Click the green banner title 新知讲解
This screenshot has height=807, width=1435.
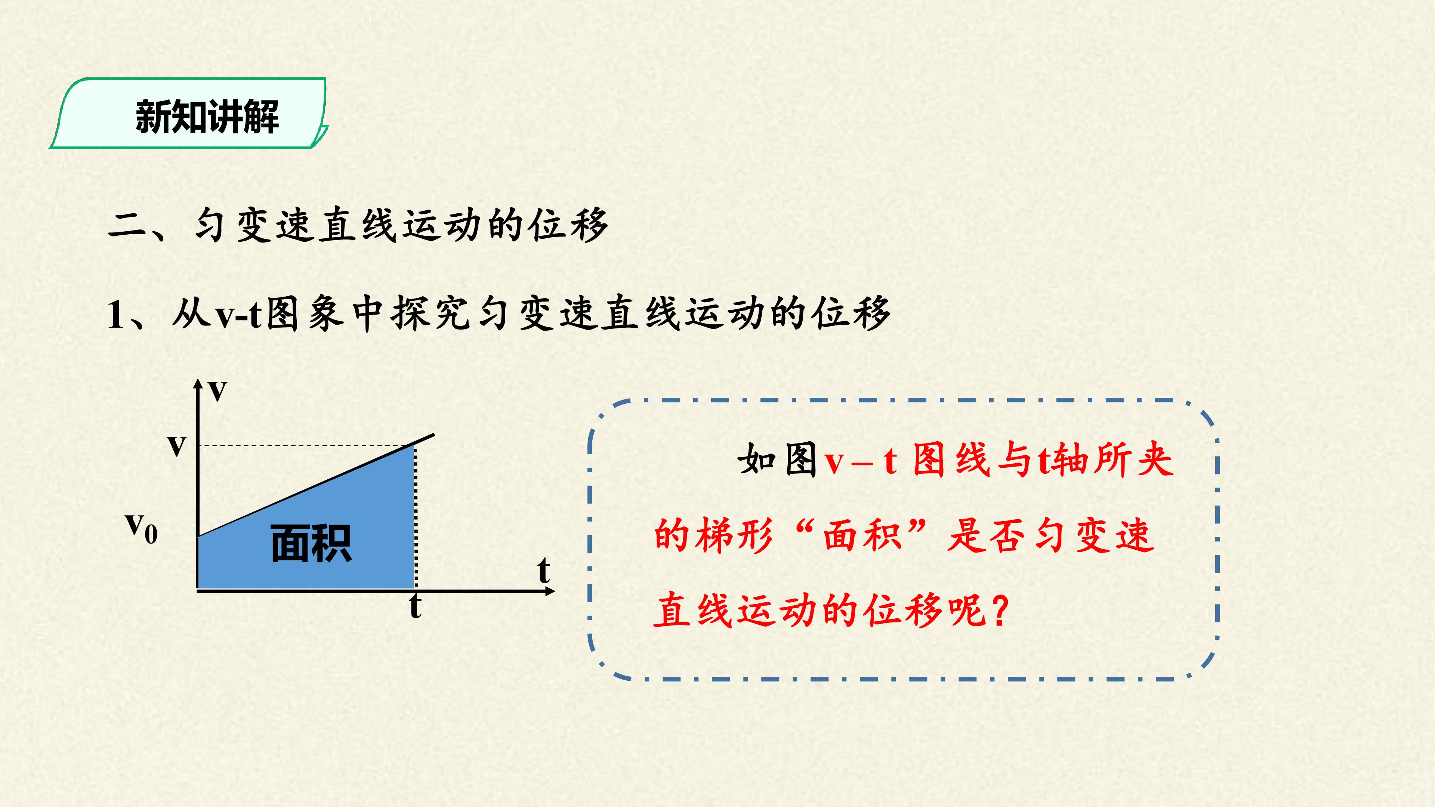pos(207,117)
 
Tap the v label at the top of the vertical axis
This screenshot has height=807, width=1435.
pos(218,392)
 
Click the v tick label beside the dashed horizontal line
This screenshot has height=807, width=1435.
pos(177,446)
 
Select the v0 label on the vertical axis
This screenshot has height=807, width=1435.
pos(142,528)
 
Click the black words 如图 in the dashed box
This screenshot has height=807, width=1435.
pos(778,460)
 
